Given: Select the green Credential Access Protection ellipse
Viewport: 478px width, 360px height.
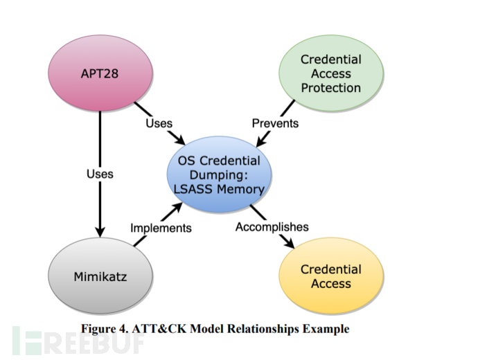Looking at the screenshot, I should tap(330, 74).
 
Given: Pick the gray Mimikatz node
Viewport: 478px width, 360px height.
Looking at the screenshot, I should tap(100, 277).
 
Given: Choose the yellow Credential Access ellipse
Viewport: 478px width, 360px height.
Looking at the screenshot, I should tap(330, 276).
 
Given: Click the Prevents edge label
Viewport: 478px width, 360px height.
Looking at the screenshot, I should tap(275, 123).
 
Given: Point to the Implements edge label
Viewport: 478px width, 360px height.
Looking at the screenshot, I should tap(161, 227).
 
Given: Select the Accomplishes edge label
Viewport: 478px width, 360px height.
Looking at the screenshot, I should tap(272, 227).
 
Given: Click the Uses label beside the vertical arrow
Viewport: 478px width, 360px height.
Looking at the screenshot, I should tap(100, 173).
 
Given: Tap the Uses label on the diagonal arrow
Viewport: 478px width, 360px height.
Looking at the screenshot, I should tap(159, 123).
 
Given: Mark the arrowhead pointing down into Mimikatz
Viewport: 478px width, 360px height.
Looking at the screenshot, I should tap(100, 229).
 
